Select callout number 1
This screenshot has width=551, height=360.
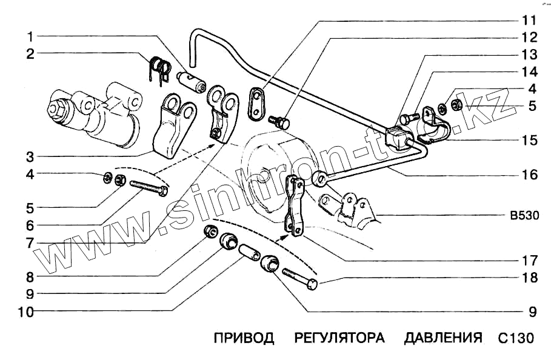[29, 35]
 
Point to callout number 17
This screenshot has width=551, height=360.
[529, 261]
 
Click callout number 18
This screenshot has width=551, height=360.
[529, 278]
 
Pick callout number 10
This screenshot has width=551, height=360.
[26, 313]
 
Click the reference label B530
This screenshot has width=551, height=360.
[522, 215]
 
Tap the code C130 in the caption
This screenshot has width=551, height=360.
[518, 338]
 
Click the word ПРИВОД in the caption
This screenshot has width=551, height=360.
[244, 338]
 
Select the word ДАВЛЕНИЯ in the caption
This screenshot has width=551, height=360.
[443, 338]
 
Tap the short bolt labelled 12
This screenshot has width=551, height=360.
[280, 123]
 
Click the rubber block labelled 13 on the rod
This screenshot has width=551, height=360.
[398, 136]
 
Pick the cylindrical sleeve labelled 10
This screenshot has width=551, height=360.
[248, 253]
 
